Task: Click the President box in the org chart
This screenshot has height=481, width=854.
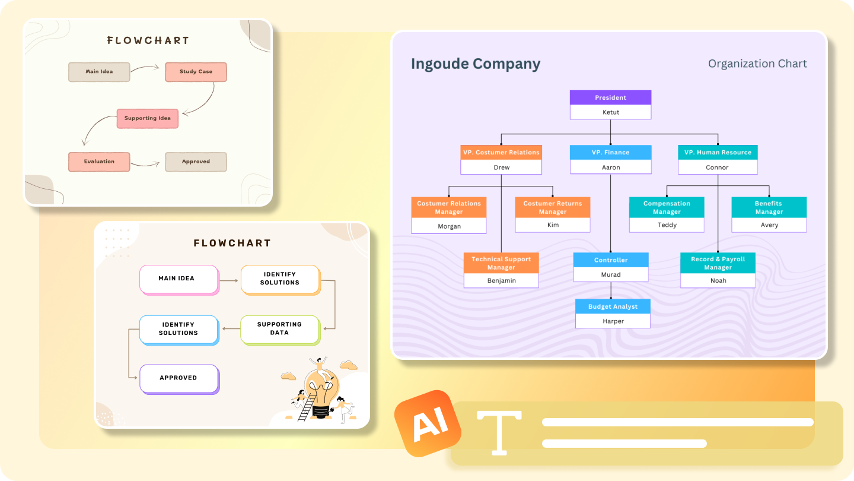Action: pos(610,97)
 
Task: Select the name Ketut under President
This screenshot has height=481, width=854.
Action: pos(610,112)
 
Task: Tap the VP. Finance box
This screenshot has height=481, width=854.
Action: pos(610,152)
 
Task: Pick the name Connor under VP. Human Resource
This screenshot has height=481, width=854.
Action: pos(717,167)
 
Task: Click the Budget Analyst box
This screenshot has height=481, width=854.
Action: pos(613,306)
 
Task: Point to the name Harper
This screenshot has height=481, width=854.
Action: pos(613,321)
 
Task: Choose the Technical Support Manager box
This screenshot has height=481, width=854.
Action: pos(501,263)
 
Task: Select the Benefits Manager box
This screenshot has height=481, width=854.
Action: pos(769,207)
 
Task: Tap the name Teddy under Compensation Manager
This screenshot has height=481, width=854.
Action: pos(667,225)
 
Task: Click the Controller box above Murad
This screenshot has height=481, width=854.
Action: pos(610,260)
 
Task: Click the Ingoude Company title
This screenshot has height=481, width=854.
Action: pos(476,64)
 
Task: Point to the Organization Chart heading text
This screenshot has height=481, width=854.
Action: pos(757,64)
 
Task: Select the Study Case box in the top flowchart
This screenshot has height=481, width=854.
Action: pos(196,72)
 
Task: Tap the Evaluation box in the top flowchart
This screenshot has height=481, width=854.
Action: pos(99,162)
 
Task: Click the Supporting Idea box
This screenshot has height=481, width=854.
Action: pos(147,118)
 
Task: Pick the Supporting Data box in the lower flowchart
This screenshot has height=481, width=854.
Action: pos(279,328)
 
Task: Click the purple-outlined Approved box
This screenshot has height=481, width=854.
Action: pos(178,378)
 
